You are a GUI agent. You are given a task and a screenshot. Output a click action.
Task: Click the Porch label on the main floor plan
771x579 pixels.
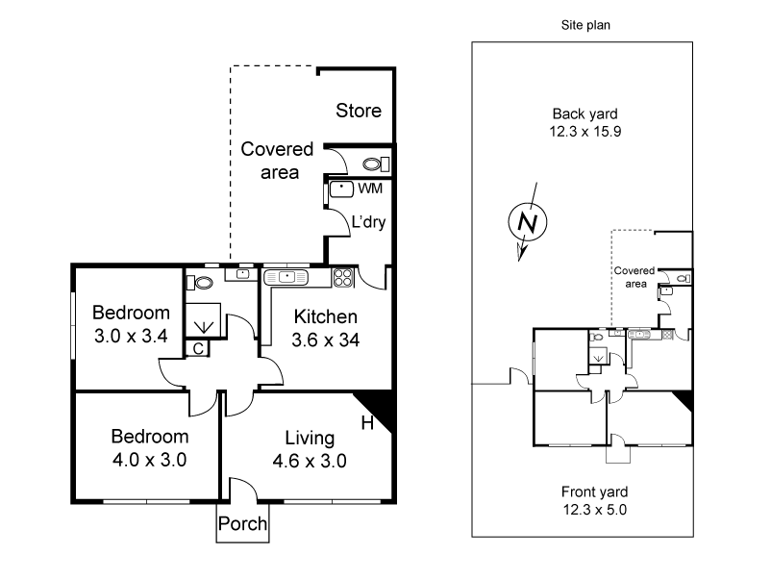242,525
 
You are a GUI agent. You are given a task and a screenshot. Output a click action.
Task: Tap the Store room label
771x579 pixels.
358,112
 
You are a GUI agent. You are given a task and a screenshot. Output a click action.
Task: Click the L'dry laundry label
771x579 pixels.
368,223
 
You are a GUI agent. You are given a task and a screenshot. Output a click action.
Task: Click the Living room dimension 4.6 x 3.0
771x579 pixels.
311,460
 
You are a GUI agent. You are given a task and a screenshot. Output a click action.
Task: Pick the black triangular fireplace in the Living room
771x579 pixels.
377,410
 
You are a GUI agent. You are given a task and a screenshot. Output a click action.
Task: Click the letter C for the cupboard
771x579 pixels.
198,349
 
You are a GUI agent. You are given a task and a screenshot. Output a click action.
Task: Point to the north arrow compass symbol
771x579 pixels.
526,223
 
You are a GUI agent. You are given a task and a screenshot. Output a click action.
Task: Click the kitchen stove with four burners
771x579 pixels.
343,278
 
